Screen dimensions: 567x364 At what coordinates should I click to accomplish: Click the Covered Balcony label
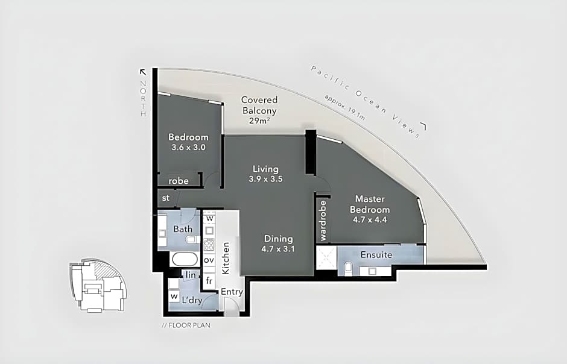click(259, 105)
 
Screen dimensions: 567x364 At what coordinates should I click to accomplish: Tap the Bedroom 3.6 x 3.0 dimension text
click(188, 147)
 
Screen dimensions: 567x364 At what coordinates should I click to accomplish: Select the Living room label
click(265, 169)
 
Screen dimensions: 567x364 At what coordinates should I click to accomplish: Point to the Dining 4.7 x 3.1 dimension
click(278, 249)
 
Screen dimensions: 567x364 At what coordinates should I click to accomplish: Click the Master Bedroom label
click(370, 204)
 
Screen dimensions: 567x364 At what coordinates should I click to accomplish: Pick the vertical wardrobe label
click(323, 221)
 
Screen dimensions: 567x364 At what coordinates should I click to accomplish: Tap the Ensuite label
click(376, 254)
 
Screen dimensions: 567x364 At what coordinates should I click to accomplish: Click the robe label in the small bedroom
click(179, 181)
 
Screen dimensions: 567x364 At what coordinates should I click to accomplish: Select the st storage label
click(166, 198)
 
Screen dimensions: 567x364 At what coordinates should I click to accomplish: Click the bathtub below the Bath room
click(185, 259)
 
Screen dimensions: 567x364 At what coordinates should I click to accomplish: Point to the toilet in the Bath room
click(192, 239)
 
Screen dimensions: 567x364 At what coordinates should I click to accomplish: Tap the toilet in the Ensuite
click(348, 268)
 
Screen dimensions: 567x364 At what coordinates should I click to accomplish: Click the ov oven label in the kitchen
click(209, 260)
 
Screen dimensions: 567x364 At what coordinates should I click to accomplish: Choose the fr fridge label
click(209, 280)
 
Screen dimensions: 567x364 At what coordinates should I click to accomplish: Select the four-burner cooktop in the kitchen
click(209, 245)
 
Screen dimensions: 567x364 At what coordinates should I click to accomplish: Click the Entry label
click(232, 292)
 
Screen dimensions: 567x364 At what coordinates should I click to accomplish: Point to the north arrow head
click(143, 72)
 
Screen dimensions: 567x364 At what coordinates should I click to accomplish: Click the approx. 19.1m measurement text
click(344, 108)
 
